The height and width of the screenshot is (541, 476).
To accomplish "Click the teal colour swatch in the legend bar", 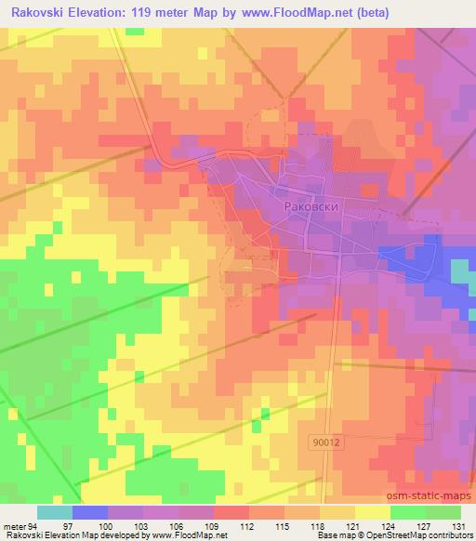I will (55, 512).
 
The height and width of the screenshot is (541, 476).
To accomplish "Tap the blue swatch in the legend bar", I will (90, 512).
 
